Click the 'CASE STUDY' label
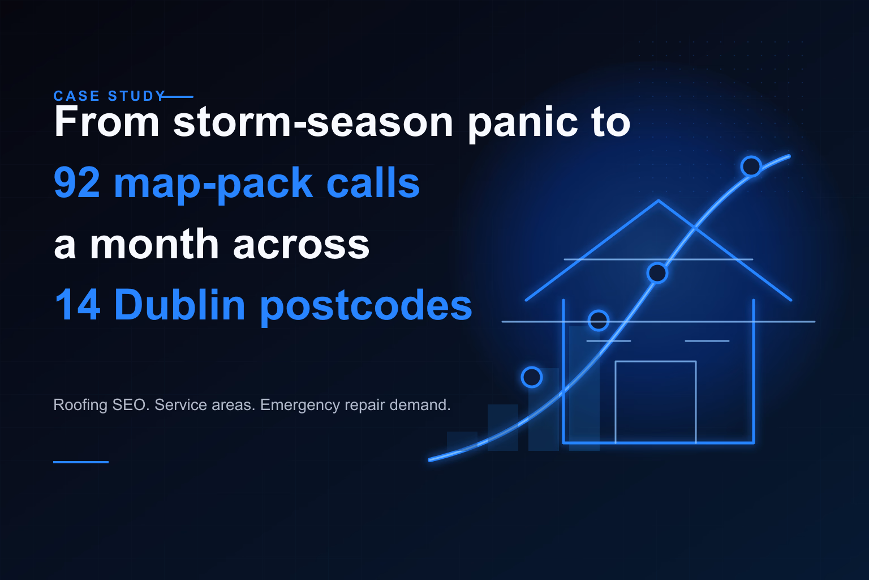coord(109,96)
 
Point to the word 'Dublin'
coord(179,305)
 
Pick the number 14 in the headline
coord(78,305)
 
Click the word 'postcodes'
coord(365,306)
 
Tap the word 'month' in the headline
coord(154,245)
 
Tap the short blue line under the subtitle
coord(81,462)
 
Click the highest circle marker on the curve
coord(751,167)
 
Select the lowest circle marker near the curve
coord(532,377)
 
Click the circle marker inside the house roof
coord(657,273)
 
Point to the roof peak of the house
coord(659,201)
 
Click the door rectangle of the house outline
coord(655,401)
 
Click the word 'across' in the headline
coord(301,245)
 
